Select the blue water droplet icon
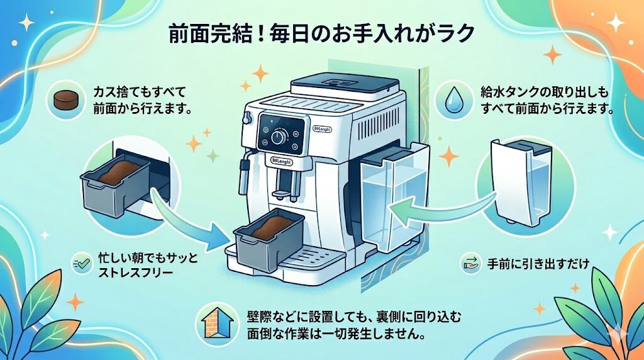coord(452,99)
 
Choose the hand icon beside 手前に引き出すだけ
coord(469,262)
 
